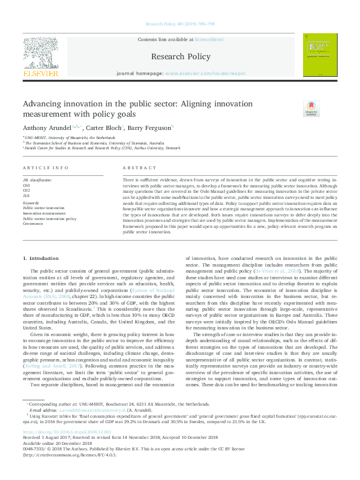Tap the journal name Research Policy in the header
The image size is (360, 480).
(180, 57)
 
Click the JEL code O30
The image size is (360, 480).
(27, 184)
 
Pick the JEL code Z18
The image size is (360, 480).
(27, 195)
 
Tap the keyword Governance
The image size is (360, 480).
(34, 222)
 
